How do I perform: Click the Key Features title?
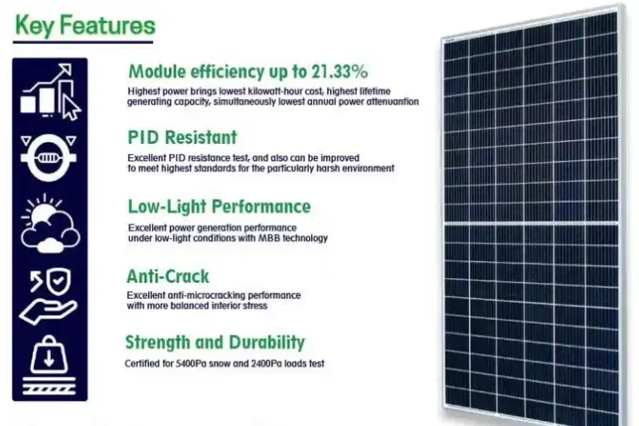coord(85,25)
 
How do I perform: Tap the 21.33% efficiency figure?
coord(339,72)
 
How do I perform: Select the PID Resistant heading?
coord(182,137)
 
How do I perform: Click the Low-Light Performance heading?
coord(220,206)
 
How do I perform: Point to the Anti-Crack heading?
coord(168,276)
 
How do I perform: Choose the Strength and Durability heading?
coord(215,342)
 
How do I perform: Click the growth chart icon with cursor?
coord(51,92)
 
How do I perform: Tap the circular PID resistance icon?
coord(48,157)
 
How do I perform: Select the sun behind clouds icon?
coord(50,224)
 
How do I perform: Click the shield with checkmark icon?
coord(59,280)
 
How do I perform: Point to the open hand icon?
coord(47,311)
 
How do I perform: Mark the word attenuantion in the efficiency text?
coord(393,102)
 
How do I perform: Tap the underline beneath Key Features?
coord(83,42)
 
